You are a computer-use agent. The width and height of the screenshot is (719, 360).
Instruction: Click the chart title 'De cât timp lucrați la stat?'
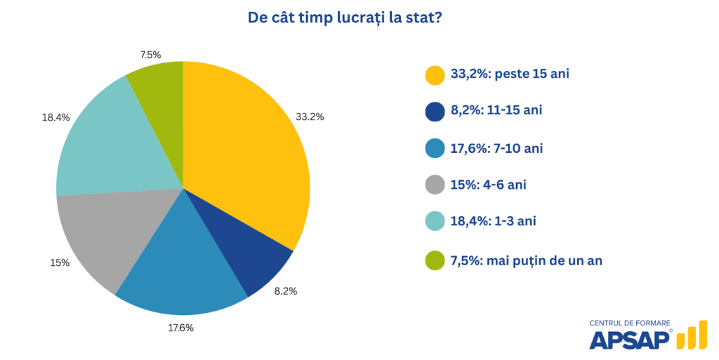(x=344, y=18)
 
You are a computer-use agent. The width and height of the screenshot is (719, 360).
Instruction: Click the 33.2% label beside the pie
(x=310, y=116)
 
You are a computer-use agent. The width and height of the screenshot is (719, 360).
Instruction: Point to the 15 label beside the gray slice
(x=60, y=262)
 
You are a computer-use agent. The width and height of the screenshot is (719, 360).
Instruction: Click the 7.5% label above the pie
(x=150, y=54)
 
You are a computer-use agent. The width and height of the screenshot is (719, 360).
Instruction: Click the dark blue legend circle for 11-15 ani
(x=435, y=112)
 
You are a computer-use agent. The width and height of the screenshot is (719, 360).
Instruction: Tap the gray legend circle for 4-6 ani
(x=435, y=185)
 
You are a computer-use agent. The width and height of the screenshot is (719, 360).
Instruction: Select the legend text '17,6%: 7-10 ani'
(x=498, y=149)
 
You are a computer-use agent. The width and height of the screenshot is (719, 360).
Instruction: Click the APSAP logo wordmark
(x=631, y=340)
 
